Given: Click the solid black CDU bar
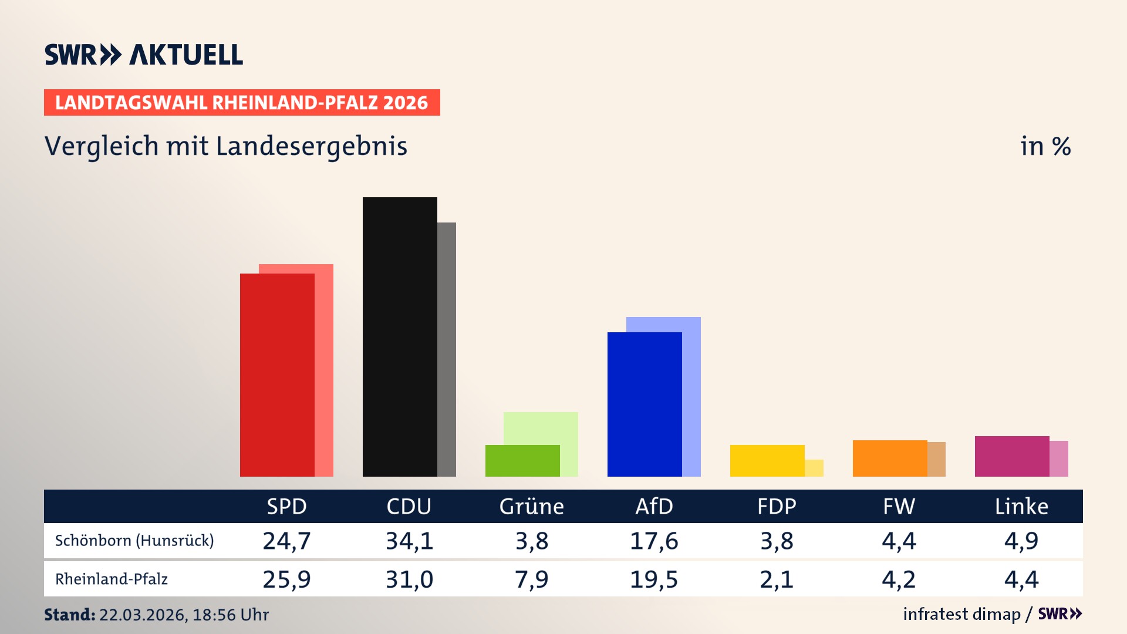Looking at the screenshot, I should point(400,337).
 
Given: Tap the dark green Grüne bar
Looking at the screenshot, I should point(522,461).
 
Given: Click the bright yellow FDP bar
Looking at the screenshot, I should point(767,461).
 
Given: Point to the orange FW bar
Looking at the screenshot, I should point(890,458).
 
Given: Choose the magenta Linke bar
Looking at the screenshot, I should point(1012,456).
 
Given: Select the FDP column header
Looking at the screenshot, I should point(777,506).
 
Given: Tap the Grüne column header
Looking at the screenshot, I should point(531,506).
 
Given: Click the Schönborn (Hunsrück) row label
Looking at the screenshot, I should point(134,540).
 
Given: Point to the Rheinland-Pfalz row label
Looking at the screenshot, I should point(112,579).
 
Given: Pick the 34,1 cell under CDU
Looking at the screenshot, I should point(409,541).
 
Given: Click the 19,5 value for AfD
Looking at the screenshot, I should point(654,579).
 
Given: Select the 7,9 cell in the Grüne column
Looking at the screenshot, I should point(531,579).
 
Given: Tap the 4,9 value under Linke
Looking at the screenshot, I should point(1021,541).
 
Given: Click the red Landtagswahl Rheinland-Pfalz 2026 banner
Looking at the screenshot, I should point(242,102).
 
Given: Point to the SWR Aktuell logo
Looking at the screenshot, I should point(144,55).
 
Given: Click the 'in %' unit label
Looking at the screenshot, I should point(1045,146).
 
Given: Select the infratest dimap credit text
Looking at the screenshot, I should point(961,614).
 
